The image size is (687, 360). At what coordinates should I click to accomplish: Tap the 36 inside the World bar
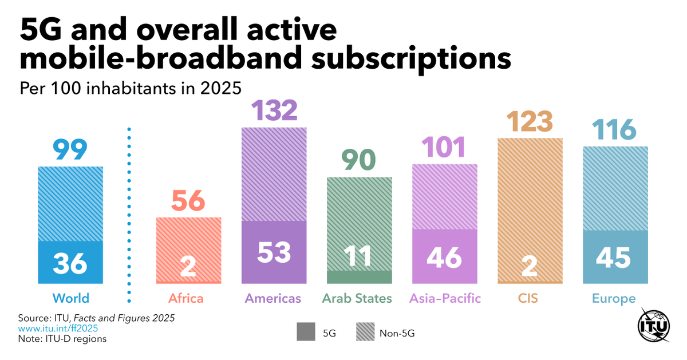(70, 263)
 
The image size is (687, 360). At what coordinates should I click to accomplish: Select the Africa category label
(186, 299)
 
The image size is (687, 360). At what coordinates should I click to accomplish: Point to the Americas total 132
(274, 110)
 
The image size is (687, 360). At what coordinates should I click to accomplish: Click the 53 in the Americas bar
(274, 252)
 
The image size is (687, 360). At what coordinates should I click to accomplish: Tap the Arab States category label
(357, 299)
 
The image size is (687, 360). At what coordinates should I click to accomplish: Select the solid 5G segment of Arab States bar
(360, 278)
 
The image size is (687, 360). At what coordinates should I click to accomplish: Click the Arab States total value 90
(360, 160)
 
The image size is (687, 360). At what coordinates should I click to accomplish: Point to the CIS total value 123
(530, 121)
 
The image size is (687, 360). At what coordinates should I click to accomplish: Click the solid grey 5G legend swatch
(306, 332)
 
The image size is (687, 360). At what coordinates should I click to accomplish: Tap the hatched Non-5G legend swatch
(365, 332)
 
